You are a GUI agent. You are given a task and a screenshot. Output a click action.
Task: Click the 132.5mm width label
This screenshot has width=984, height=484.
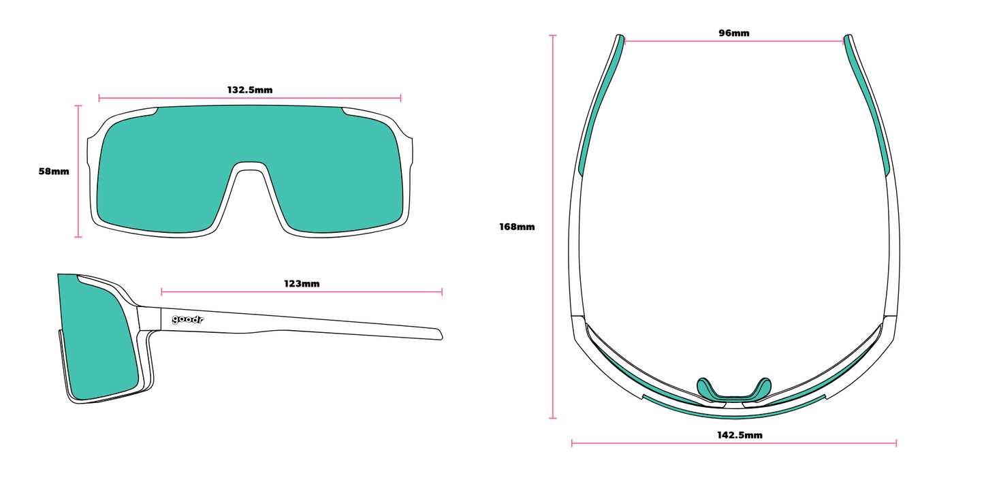pyautogui.click(x=249, y=90)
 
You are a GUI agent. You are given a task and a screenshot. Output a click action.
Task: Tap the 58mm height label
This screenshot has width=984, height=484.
pyautogui.click(x=54, y=172)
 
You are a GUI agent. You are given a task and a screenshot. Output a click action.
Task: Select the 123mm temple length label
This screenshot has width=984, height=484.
pyautogui.click(x=302, y=284)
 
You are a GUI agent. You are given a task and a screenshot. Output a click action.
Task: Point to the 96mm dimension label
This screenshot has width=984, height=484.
pyautogui.click(x=733, y=33)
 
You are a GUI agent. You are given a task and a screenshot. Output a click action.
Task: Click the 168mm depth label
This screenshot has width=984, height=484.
pyautogui.click(x=517, y=227)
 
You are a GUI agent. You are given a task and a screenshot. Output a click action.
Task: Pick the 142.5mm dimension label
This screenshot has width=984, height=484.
pyautogui.click(x=740, y=435)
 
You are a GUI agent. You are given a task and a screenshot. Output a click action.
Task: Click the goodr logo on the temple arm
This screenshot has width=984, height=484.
pyautogui.click(x=187, y=320)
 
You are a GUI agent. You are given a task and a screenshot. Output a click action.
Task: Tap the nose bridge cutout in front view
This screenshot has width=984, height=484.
pyautogui.click(x=249, y=193)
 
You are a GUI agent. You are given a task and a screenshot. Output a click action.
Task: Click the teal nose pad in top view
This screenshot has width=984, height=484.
pyautogui.click(x=733, y=391)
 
